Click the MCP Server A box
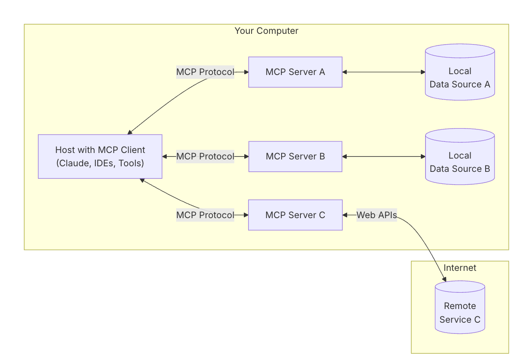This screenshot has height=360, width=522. click(x=295, y=72)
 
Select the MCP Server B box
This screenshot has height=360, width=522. click(x=295, y=156)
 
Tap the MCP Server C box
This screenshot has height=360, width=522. click(x=295, y=215)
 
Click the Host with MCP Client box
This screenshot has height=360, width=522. click(x=100, y=156)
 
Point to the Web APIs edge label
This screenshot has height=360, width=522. click(x=377, y=215)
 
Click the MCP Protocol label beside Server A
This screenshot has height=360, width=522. click(x=205, y=72)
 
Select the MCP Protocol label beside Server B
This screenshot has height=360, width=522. click(x=205, y=156)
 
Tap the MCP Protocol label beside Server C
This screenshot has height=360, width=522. click(x=205, y=215)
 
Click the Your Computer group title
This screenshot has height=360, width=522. click(x=266, y=31)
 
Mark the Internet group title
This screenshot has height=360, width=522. click(x=460, y=268)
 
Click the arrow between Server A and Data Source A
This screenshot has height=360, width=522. click(x=384, y=72)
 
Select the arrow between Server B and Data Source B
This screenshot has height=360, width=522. click(x=384, y=156)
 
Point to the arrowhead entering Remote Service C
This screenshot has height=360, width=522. click(x=444, y=279)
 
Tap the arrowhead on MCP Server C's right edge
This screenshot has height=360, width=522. click(x=345, y=215)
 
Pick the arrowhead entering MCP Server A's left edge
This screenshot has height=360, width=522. click(x=246, y=72)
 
